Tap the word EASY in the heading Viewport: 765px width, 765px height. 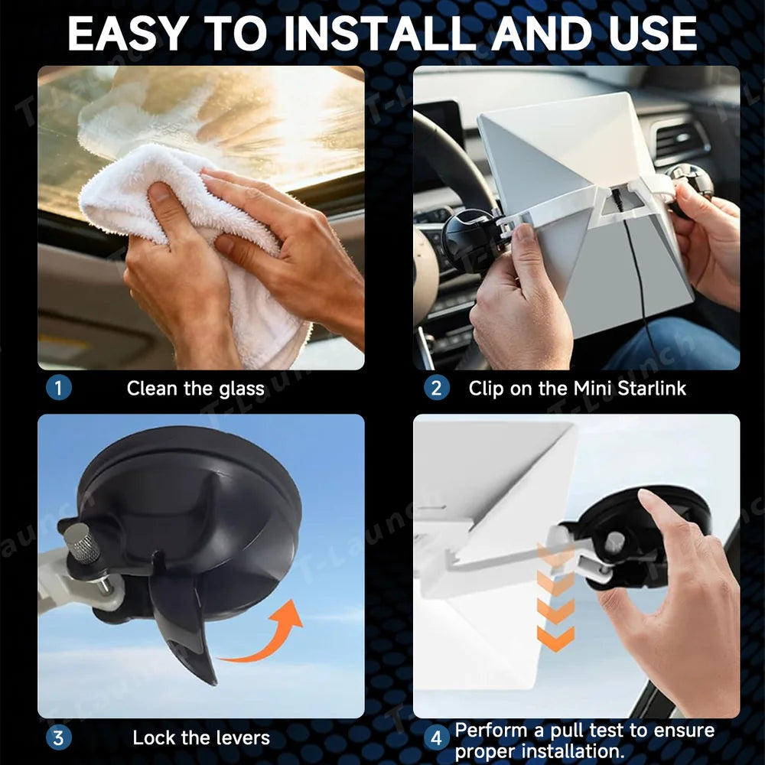(129, 34)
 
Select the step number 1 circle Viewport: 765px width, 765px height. (59, 388)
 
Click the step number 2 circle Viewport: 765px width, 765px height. (436, 389)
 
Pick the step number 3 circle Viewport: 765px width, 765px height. (59, 737)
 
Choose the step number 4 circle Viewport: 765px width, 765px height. (436, 738)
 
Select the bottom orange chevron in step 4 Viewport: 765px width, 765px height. (555, 639)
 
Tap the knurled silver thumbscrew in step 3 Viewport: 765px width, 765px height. (83, 544)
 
